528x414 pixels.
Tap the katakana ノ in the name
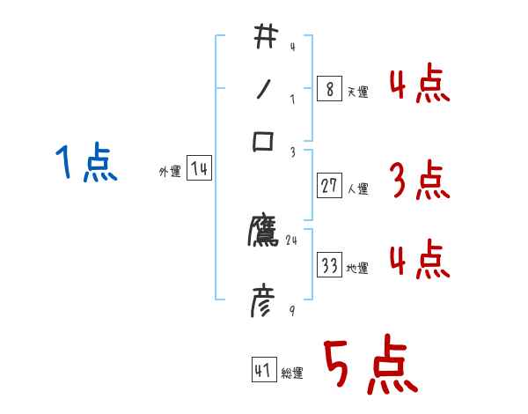point(264,89)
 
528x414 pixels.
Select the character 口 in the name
point(264,141)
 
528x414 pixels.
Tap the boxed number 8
point(328,89)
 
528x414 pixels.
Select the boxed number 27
point(329,186)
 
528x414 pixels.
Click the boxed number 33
point(329,265)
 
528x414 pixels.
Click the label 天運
point(357,92)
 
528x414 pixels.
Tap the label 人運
point(358,189)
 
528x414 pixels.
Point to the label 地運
point(358,268)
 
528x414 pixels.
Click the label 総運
point(292,373)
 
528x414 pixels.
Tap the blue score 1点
point(85,163)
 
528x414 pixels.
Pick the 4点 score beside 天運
point(420,86)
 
